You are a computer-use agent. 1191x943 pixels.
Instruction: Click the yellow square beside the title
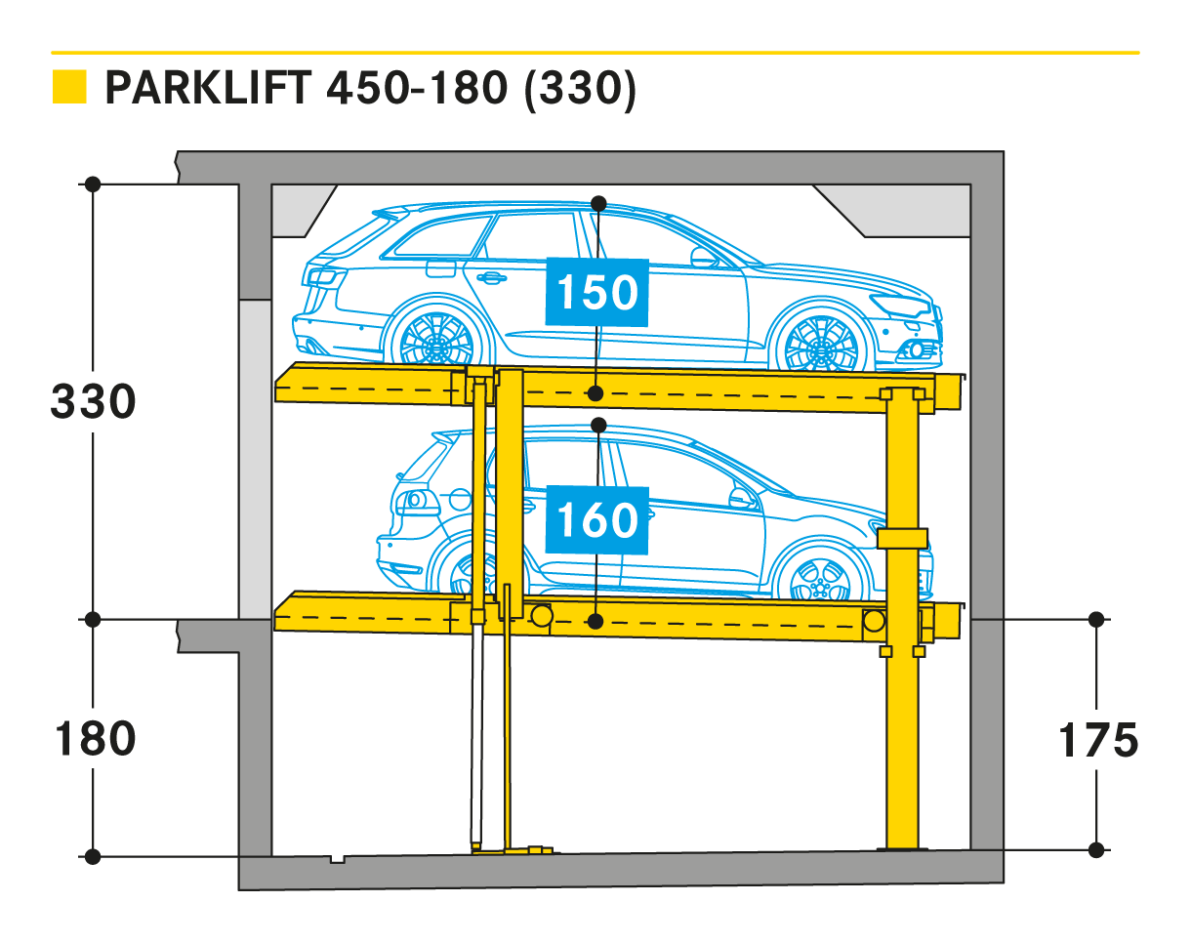[69, 87]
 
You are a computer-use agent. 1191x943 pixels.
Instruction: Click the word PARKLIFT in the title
[207, 88]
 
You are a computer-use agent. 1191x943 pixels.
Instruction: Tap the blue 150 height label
[596, 292]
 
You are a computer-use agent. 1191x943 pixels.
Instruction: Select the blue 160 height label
[596, 519]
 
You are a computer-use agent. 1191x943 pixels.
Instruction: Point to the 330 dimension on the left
[93, 401]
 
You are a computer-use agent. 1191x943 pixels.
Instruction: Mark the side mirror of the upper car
[702, 258]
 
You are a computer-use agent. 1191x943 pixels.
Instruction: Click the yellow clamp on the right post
[902, 539]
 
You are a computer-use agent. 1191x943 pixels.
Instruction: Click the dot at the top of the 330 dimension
[93, 184]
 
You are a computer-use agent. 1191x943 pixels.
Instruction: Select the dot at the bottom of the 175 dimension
[1096, 849]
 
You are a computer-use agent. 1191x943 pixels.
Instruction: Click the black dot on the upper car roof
[598, 203]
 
